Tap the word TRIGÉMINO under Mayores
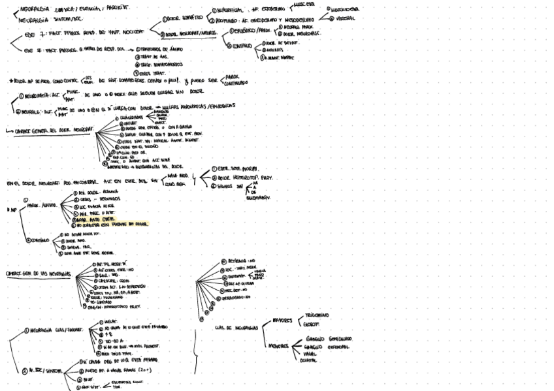[316, 315]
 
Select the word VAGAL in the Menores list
[312, 354]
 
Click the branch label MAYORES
[282, 320]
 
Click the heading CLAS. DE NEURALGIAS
[236, 328]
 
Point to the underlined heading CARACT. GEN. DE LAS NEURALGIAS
[37, 274]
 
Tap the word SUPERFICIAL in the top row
[231, 11]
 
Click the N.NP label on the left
[10, 210]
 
